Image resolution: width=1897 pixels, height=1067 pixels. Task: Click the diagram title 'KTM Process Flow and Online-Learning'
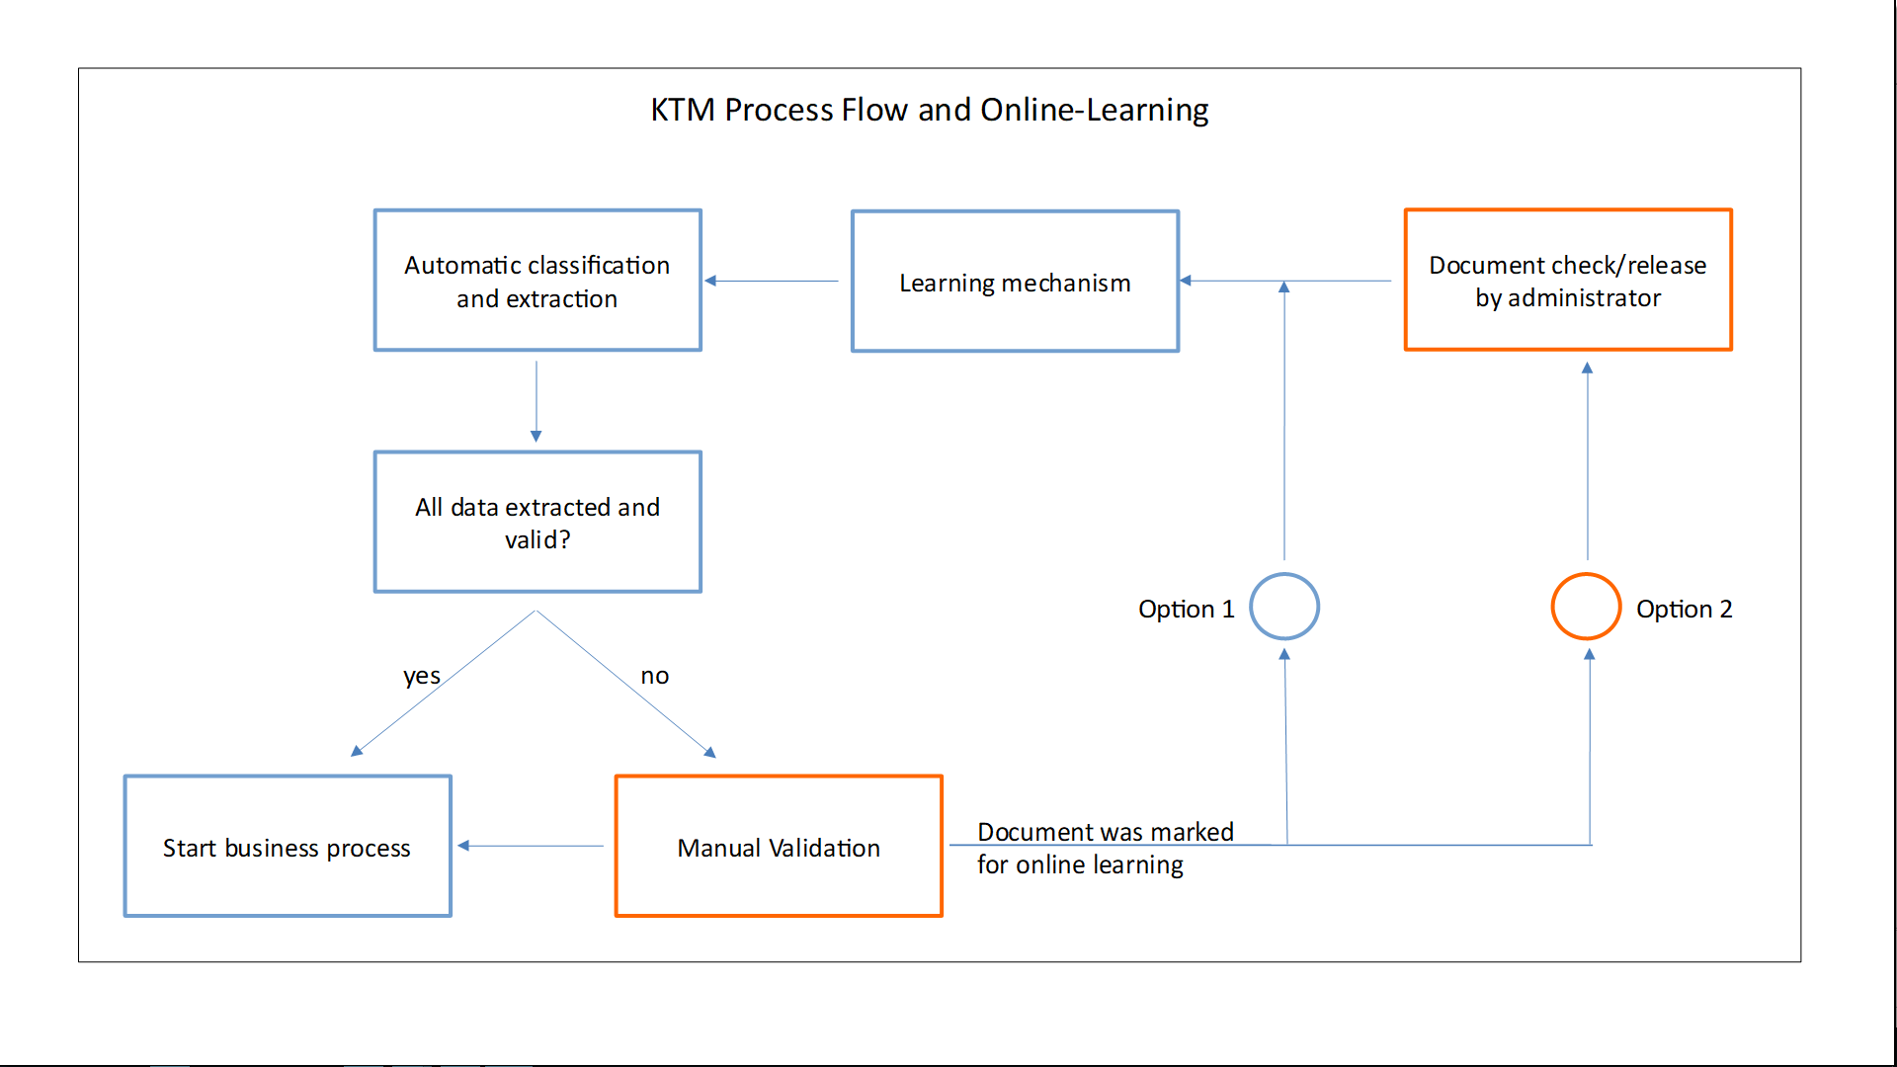[929, 110]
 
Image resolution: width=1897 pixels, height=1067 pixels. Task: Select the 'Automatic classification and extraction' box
[537, 281]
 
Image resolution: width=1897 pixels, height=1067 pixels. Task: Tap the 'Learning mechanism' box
[1015, 282]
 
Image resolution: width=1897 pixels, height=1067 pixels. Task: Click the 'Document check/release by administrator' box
[1568, 281]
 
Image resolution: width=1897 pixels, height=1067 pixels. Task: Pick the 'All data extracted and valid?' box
[537, 523]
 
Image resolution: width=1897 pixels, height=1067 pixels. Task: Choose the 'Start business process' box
[288, 847]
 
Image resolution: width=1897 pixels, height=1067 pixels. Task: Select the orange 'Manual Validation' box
[779, 847]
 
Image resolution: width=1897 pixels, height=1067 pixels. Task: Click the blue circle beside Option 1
[1284, 607]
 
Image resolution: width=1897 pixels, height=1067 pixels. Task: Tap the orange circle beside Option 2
[1586, 607]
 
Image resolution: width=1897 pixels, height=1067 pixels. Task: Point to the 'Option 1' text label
[1186, 609]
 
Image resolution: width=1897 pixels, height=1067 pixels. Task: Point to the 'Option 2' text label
[1684, 609]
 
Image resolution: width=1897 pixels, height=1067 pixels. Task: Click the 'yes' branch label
[421, 676]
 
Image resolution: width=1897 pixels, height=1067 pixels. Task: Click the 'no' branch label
[654, 676]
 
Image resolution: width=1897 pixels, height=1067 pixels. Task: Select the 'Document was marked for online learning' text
[1105, 848]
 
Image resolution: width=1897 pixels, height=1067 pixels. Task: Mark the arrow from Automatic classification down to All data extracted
[536, 400]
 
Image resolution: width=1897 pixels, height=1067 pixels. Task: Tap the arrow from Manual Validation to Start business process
[532, 846]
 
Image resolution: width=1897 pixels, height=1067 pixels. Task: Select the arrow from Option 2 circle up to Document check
[1588, 459]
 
